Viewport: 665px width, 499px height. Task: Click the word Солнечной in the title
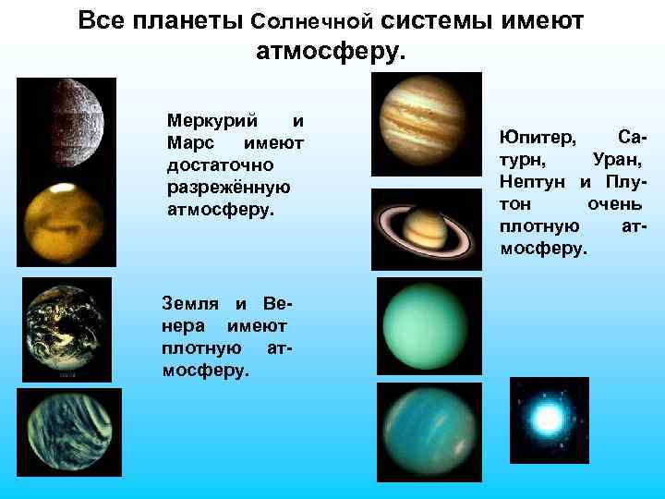(311, 20)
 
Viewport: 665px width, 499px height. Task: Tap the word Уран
(617, 160)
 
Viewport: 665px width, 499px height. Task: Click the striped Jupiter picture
(426, 124)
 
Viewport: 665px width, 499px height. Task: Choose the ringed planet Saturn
(426, 229)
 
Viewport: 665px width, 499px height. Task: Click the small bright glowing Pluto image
(549, 420)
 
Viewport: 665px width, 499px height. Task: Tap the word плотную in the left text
(197, 348)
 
